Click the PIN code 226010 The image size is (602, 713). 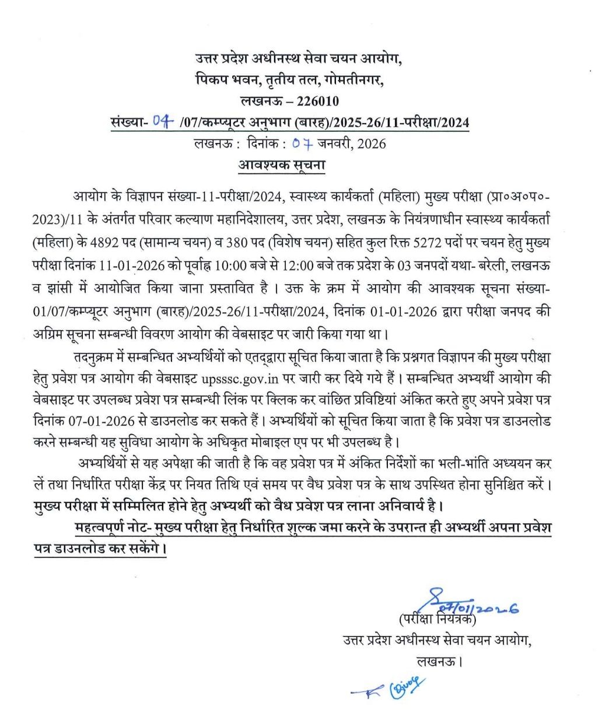[x=318, y=102]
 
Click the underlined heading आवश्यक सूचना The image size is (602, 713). [x=282, y=165]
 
